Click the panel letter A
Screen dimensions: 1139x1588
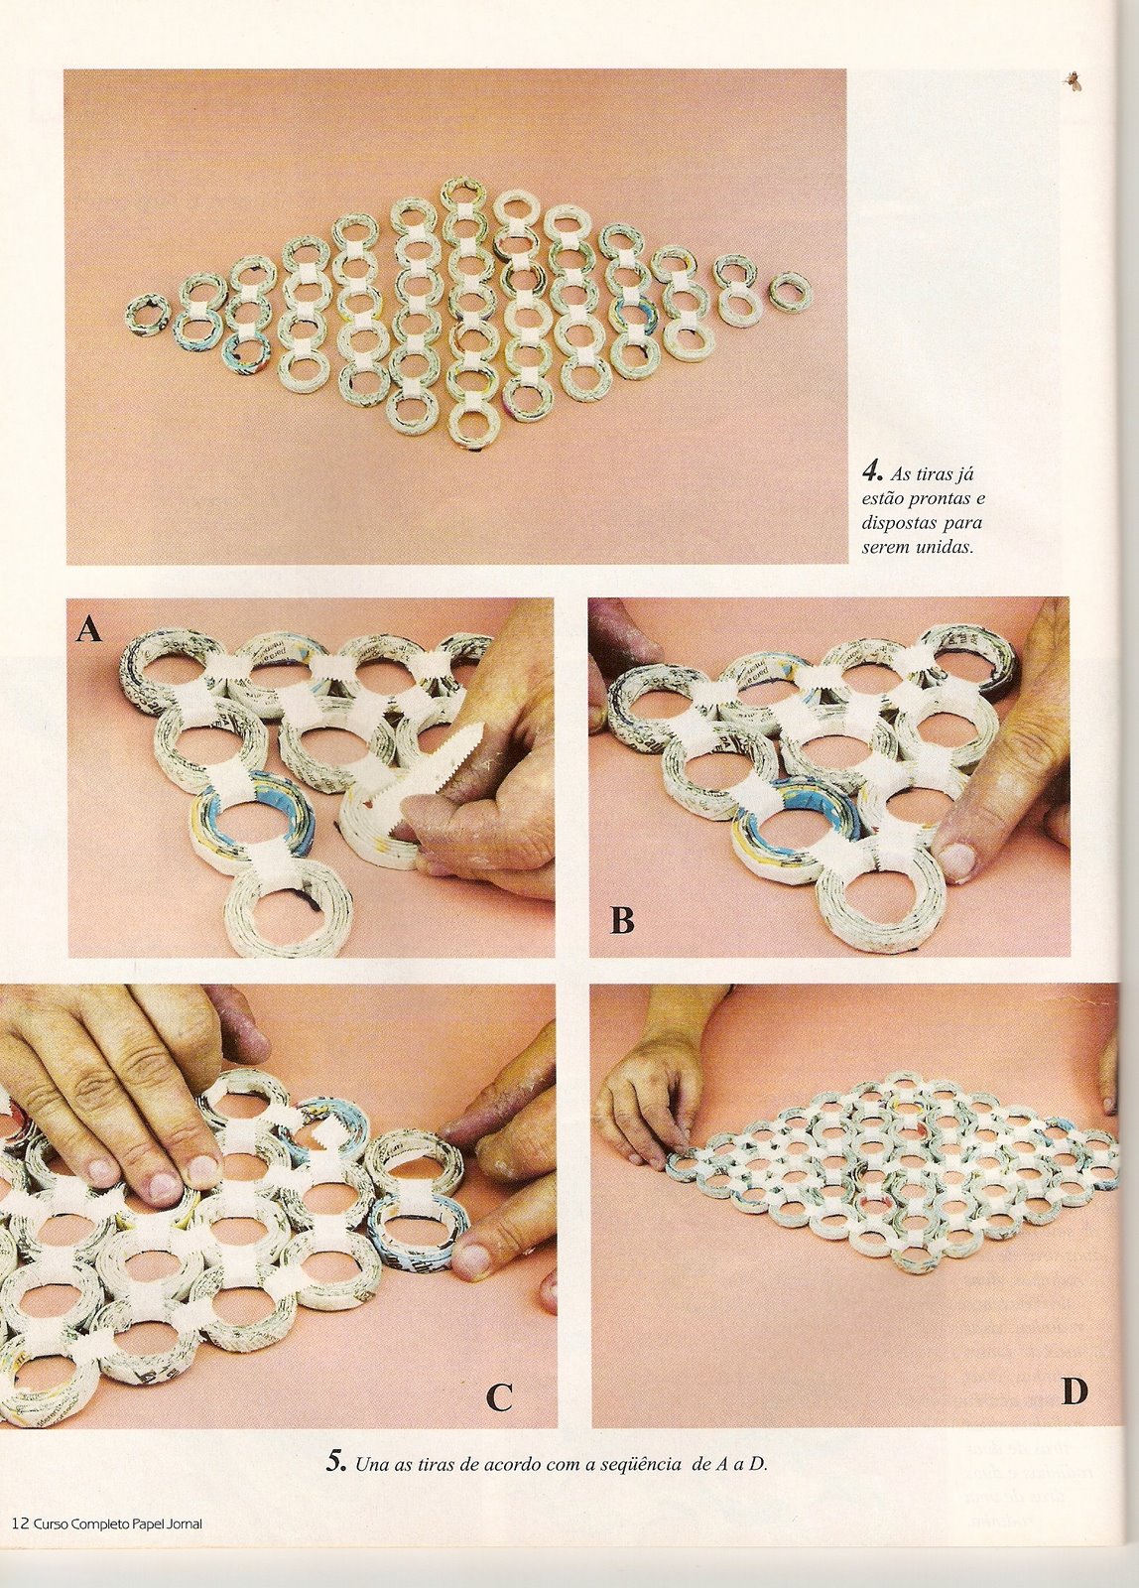point(88,629)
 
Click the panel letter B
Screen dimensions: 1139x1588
point(622,921)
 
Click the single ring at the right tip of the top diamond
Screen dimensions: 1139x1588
point(791,293)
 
